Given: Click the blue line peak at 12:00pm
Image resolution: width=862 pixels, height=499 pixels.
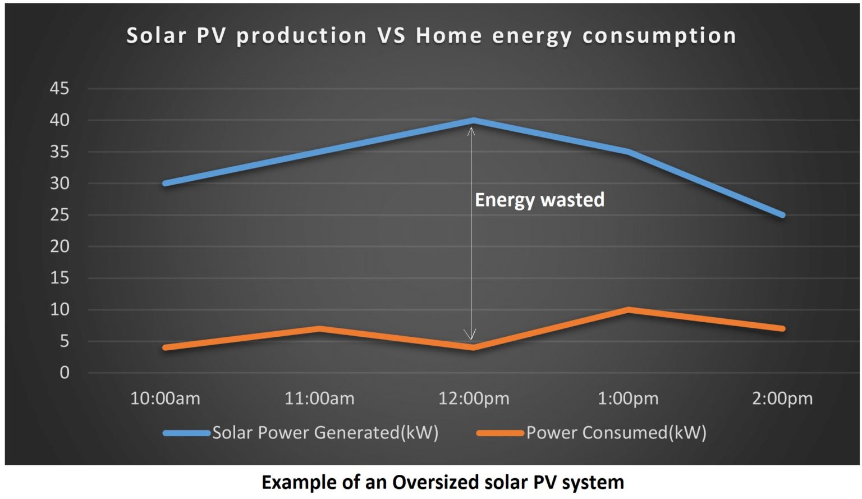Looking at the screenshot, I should pyautogui.click(x=474, y=120).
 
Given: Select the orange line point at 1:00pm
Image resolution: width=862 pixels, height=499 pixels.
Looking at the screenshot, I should pyautogui.click(x=628, y=310).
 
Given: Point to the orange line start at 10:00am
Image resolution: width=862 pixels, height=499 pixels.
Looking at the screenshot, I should pyautogui.click(x=166, y=347).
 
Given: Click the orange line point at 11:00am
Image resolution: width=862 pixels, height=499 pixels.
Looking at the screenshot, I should pyautogui.click(x=319, y=328).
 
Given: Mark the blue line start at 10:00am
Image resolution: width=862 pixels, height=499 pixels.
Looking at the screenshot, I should pyautogui.click(x=166, y=184).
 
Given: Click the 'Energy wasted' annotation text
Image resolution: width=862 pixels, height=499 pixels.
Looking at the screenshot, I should pyautogui.click(x=539, y=200).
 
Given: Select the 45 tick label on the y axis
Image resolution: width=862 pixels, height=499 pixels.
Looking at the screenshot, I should pyautogui.click(x=59, y=89).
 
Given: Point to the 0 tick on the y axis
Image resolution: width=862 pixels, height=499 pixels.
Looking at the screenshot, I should pyautogui.click(x=65, y=373).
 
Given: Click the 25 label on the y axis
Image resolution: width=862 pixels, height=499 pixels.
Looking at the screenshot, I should pyautogui.click(x=59, y=215).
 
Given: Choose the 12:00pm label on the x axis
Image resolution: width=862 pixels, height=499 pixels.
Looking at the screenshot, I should pyautogui.click(x=474, y=399).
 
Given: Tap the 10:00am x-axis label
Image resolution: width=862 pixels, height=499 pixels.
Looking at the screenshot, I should pyautogui.click(x=165, y=399).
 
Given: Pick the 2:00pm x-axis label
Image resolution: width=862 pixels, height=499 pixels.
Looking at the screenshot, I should pyautogui.click(x=782, y=399).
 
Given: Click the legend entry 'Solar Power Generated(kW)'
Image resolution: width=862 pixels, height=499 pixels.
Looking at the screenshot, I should pyautogui.click(x=325, y=433).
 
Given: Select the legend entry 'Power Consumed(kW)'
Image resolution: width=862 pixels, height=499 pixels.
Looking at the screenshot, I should pyautogui.click(x=616, y=433).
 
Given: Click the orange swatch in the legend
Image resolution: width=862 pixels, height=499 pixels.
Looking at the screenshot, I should pyautogui.click(x=499, y=433).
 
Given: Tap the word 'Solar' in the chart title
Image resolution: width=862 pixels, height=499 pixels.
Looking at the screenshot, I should pyautogui.click(x=156, y=36).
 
